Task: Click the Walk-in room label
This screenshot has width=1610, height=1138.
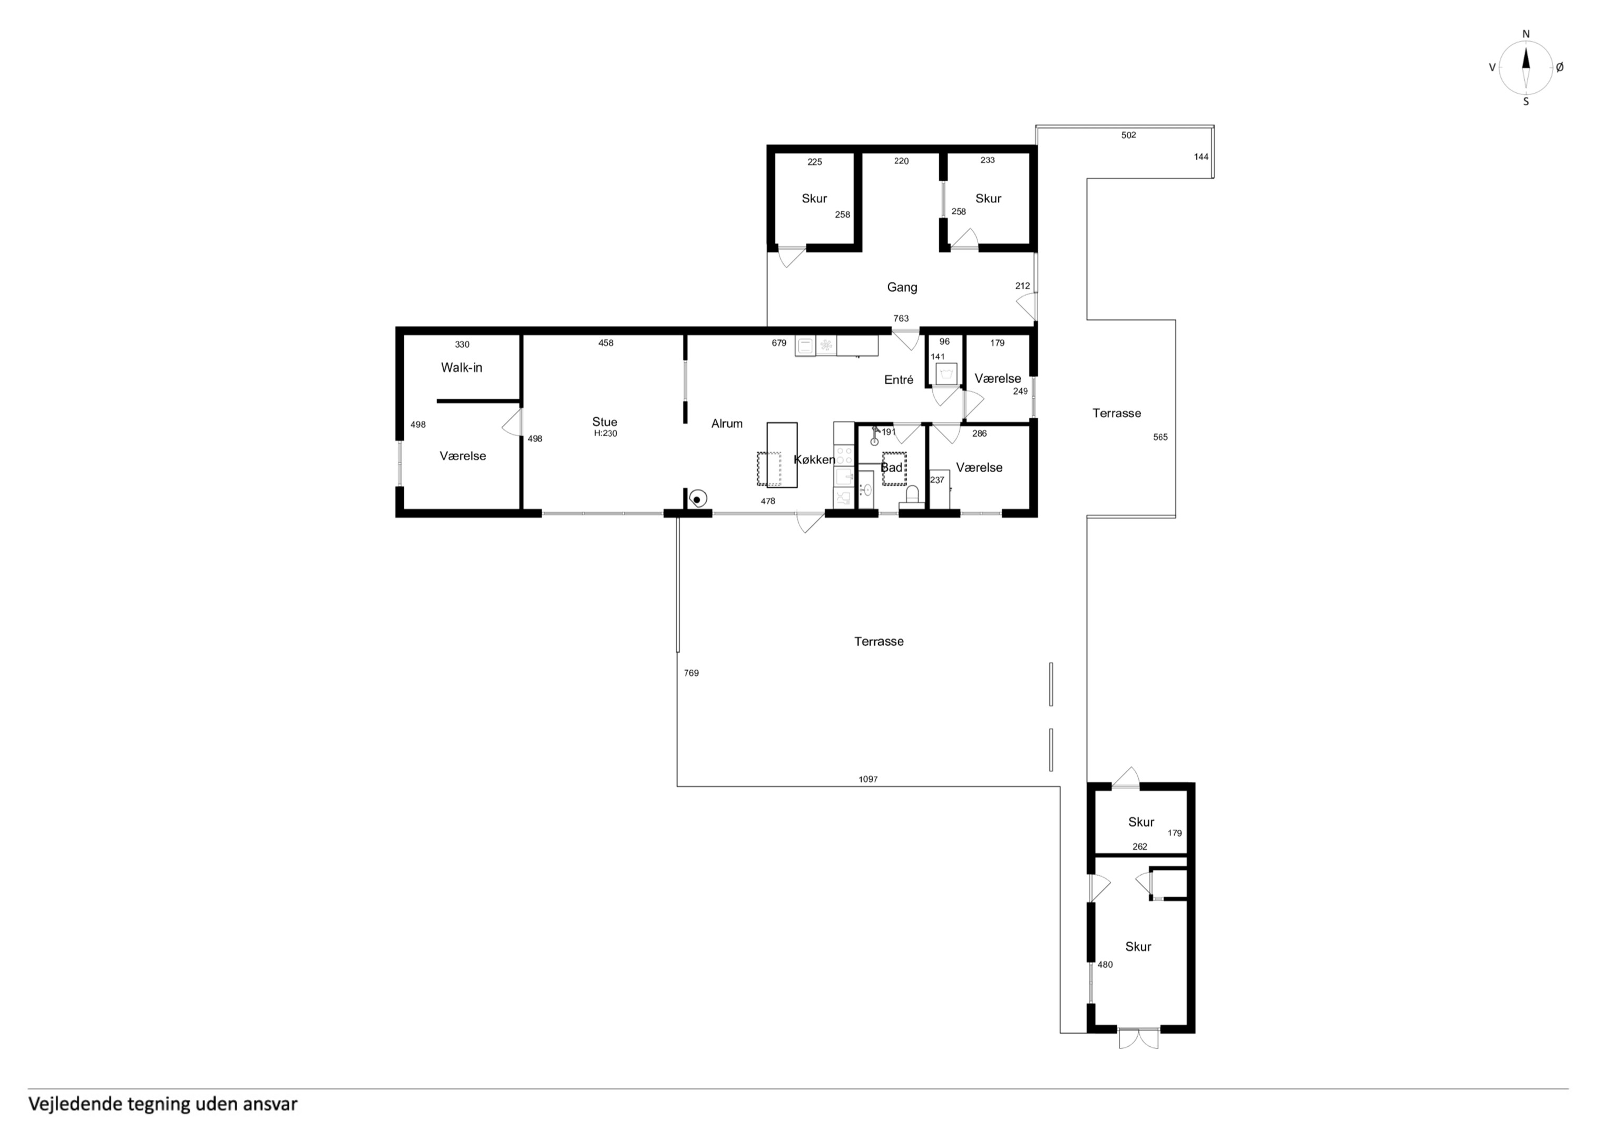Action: [x=462, y=367]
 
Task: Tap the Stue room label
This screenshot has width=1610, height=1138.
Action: [x=604, y=421]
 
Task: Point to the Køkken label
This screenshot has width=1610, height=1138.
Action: [x=814, y=460]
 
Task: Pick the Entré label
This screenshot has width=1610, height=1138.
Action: [x=899, y=379]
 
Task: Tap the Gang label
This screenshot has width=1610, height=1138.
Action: [x=902, y=287]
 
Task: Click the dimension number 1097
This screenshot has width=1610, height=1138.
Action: [x=868, y=779]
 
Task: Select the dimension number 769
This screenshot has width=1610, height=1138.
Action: [x=691, y=673]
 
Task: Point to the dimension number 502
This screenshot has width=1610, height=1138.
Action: [x=1128, y=135]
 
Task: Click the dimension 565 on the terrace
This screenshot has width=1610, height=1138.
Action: [x=1160, y=437]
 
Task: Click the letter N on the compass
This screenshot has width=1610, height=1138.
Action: [x=1526, y=34]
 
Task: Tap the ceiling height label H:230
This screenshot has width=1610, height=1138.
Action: [x=605, y=433]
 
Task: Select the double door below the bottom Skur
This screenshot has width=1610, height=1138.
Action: [x=1138, y=1038]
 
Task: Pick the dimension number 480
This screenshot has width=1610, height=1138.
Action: [x=1105, y=965]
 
